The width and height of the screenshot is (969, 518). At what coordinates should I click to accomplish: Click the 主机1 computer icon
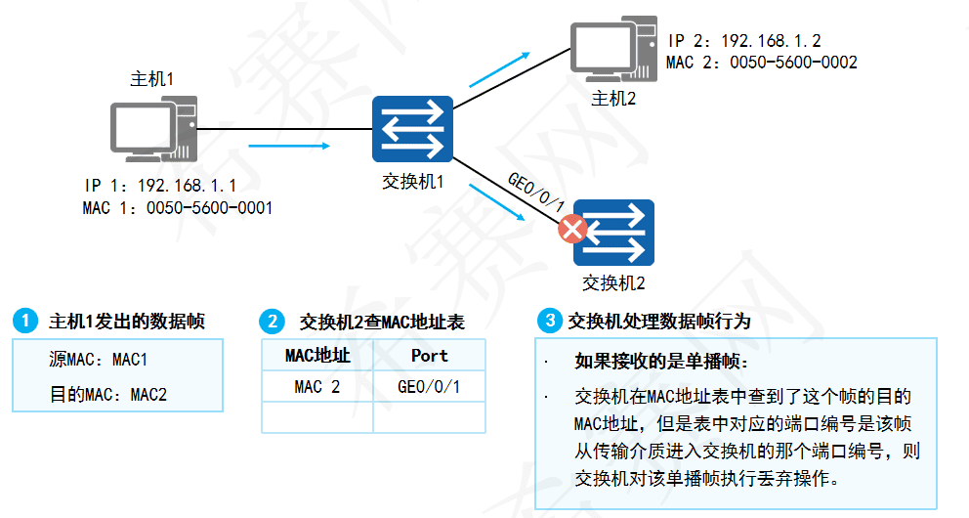pos(152,131)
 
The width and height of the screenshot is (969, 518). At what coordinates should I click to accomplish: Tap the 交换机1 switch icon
pos(412,129)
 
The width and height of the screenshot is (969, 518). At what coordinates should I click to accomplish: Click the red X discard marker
pos(572,230)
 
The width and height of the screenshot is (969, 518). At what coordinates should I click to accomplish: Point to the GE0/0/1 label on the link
pos(535,192)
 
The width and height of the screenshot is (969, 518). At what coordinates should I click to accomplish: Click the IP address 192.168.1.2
pos(771,42)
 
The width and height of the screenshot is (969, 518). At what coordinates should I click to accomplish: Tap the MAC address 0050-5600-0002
pos(793,63)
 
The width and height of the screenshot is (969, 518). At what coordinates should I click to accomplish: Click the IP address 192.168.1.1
pos(187,186)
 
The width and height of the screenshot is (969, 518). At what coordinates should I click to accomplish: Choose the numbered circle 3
pos(550,321)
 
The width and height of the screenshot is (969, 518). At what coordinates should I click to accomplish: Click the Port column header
pos(429,356)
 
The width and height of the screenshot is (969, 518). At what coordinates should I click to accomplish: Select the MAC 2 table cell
pos(316,387)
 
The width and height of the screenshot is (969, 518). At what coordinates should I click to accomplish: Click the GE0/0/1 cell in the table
pos(429,387)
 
